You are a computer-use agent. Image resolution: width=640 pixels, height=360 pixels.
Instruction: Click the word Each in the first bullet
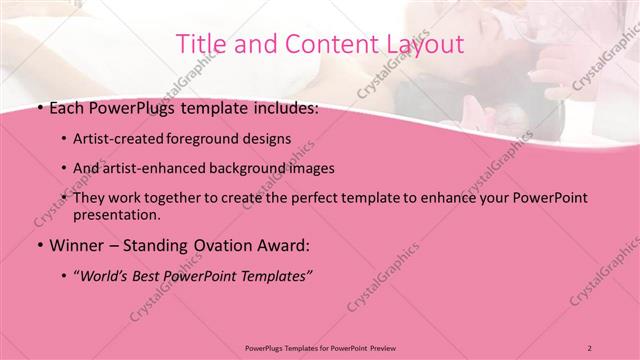click(x=69, y=108)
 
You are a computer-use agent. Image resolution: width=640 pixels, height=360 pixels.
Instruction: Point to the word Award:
click(x=288, y=245)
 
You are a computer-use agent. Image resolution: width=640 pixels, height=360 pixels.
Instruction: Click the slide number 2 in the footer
click(x=590, y=347)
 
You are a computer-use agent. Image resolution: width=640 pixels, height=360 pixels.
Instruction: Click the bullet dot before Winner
click(x=39, y=245)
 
